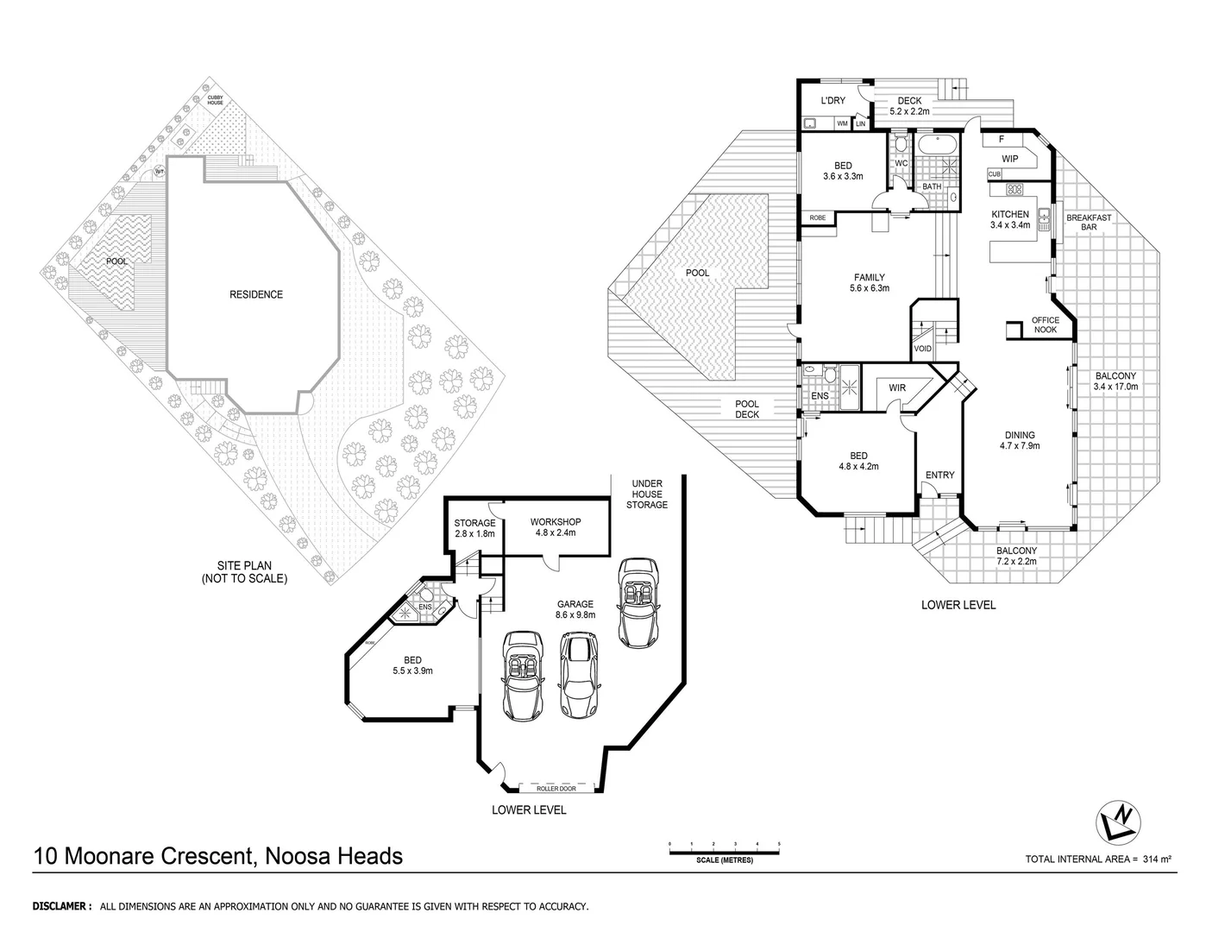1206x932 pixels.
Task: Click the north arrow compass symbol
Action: point(1120,822)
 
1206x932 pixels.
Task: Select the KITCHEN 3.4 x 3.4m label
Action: point(1009,219)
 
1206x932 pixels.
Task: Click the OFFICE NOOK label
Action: point(1045,324)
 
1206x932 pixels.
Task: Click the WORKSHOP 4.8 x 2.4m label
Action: point(555,527)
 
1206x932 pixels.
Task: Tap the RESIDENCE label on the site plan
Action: point(255,294)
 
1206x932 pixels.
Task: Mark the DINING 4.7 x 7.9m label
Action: point(1019,441)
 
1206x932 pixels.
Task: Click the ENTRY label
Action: point(939,475)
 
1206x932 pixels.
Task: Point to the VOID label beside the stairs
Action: point(922,349)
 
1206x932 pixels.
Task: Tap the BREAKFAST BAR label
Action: point(1089,223)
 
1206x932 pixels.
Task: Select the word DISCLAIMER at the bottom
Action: point(61,907)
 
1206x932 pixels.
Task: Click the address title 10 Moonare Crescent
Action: point(217,856)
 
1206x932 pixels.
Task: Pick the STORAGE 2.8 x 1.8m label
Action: point(474,528)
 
